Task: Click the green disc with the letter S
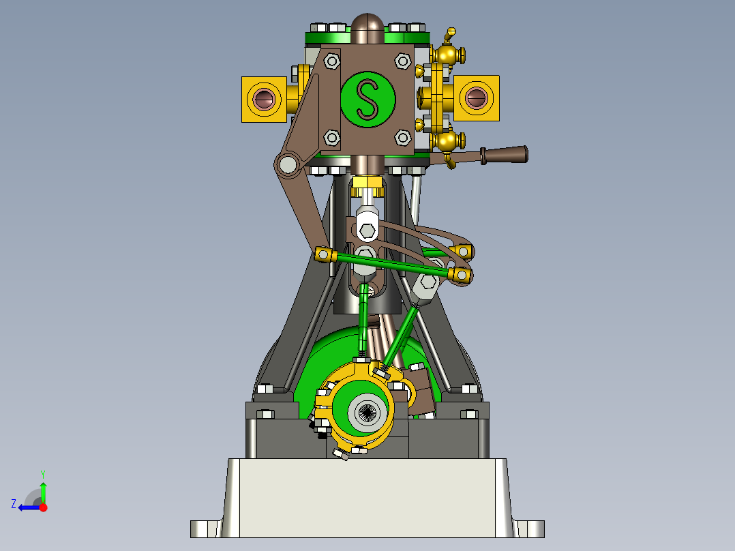tap(367, 99)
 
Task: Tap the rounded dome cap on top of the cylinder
tap(368, 26)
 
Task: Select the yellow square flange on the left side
tap(264, 100)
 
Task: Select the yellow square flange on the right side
tap(476, 99)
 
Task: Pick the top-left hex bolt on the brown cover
tap(332, 61)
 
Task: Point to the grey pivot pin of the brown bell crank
tap(288, 164)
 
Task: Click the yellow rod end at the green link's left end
tap(325, 255)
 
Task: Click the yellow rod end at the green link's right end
tap(462, 275)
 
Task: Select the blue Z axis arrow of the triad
tap(26, 507)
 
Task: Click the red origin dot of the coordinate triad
tap(43, 507)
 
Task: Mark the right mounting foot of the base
tap(529, 528)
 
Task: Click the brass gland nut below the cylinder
tap(367, 183)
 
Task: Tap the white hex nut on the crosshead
tap(367, 230)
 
